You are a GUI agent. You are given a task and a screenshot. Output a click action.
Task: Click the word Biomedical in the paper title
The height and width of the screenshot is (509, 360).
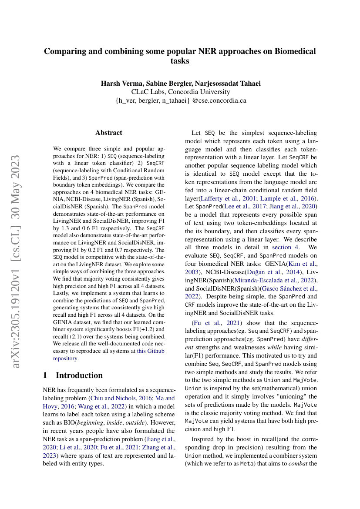[x=295, y=51]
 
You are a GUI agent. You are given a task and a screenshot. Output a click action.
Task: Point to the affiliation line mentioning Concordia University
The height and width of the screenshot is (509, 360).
[x=180, y=92]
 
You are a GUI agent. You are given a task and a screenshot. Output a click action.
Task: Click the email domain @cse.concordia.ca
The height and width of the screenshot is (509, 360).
[x=219, y=100]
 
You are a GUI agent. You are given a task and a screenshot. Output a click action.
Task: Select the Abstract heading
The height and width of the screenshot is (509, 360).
[x=109, y=133]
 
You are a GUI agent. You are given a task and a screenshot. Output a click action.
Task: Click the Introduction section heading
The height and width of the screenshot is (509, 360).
[x=79, y=375]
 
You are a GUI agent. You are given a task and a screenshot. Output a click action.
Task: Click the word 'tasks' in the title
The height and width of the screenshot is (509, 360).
[x=180, y=61]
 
